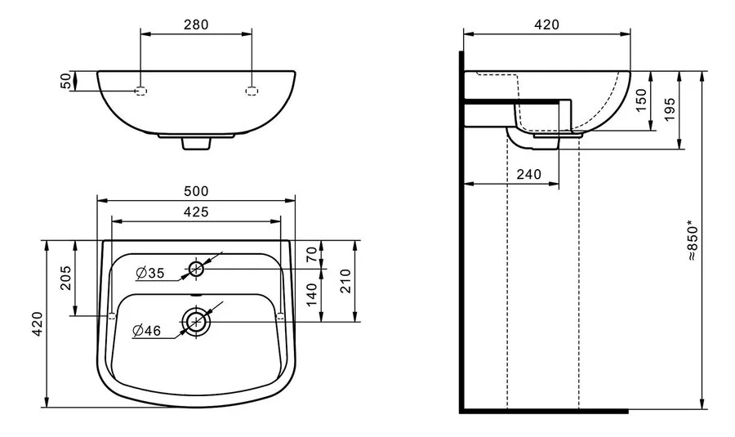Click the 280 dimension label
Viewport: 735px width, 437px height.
(196, 24)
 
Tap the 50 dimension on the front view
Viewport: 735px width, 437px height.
(65, 81)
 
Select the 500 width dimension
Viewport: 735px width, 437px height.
(195, 191)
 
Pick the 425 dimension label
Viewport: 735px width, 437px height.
(196, 212)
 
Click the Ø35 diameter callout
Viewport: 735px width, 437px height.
(150, 272)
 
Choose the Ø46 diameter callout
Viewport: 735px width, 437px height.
(147, 331)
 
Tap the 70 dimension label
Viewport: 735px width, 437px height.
(311, 255)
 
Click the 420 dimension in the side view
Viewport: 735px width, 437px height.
(546, 24)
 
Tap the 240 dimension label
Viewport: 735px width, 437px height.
(529, 174)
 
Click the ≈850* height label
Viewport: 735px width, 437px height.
(693, 239)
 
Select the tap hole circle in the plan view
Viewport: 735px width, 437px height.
(196, 268)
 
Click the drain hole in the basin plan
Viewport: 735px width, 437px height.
(196, 321)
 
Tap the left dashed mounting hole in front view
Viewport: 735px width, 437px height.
(140, 90)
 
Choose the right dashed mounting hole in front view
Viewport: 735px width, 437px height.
(252, 90)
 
